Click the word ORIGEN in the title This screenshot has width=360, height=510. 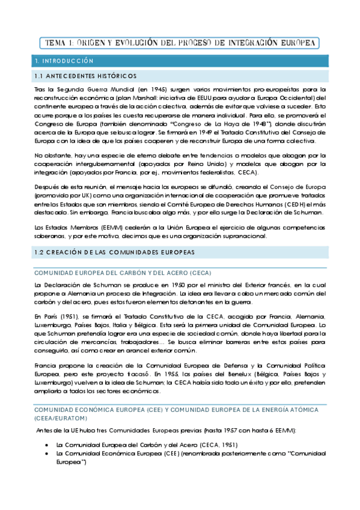click(99, 43)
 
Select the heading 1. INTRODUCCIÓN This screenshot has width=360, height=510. click(65, 61)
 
